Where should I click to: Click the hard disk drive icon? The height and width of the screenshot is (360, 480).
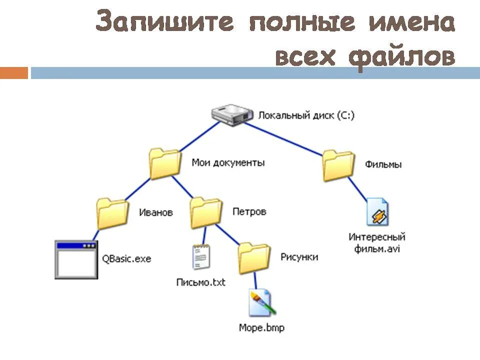point(230,114)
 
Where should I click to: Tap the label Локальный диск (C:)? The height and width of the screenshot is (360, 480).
point(306,115)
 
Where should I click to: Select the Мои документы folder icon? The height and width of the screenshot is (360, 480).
point(165,163)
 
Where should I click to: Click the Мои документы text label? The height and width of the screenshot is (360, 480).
point(228,162)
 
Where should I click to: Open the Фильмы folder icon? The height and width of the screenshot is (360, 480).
point(338,165)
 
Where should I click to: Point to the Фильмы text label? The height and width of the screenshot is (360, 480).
point(383,164)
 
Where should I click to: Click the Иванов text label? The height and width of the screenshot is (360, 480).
point(156,212)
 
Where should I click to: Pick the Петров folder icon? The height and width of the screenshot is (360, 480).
point(206,212)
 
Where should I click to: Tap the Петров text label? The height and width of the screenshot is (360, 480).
point(249,211)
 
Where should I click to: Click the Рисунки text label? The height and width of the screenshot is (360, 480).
point(299,257)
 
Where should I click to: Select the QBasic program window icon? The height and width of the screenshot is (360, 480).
point(76,259)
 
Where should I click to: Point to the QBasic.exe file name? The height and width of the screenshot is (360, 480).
point(126,259)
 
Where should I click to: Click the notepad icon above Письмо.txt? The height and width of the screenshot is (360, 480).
point(201,257)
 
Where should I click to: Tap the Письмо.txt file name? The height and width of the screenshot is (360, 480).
point(201,282)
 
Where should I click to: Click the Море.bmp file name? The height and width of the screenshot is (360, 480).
point(261,328)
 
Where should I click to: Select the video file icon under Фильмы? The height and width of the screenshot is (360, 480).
point(377,211)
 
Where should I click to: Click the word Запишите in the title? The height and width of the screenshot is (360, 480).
point(165,22)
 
